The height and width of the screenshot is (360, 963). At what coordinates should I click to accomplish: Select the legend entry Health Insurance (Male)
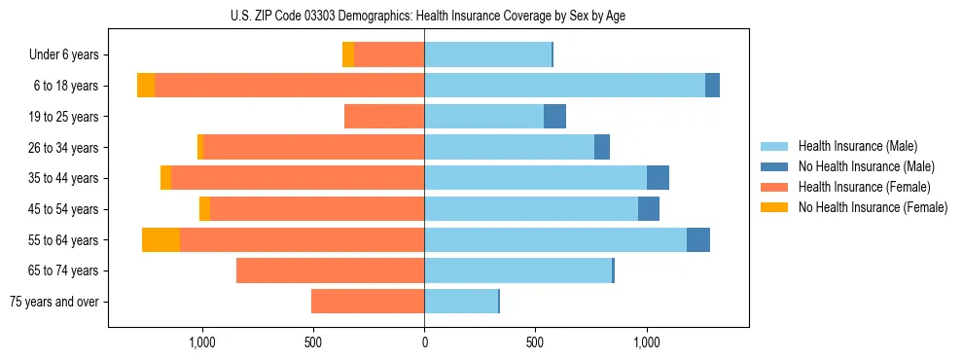tap(851, 146)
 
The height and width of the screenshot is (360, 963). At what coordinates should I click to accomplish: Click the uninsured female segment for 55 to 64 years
tap(160, 239)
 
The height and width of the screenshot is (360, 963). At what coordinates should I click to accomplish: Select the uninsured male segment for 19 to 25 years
tap(554, 117)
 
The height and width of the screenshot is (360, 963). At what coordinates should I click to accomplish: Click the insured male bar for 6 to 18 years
tap(564, 86)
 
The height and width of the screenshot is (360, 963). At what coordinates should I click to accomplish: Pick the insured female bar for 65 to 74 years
tap(331, 270)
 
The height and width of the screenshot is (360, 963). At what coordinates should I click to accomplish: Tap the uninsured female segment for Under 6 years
tap(348, 54)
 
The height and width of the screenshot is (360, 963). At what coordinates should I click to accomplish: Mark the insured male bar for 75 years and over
tap(461, 302)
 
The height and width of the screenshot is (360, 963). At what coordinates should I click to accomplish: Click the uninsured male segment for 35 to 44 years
tap(658, 178)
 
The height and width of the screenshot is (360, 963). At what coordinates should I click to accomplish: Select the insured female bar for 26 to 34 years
tap(313, 147)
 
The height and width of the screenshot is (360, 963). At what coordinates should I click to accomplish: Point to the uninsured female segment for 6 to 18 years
tap(146, 86)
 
